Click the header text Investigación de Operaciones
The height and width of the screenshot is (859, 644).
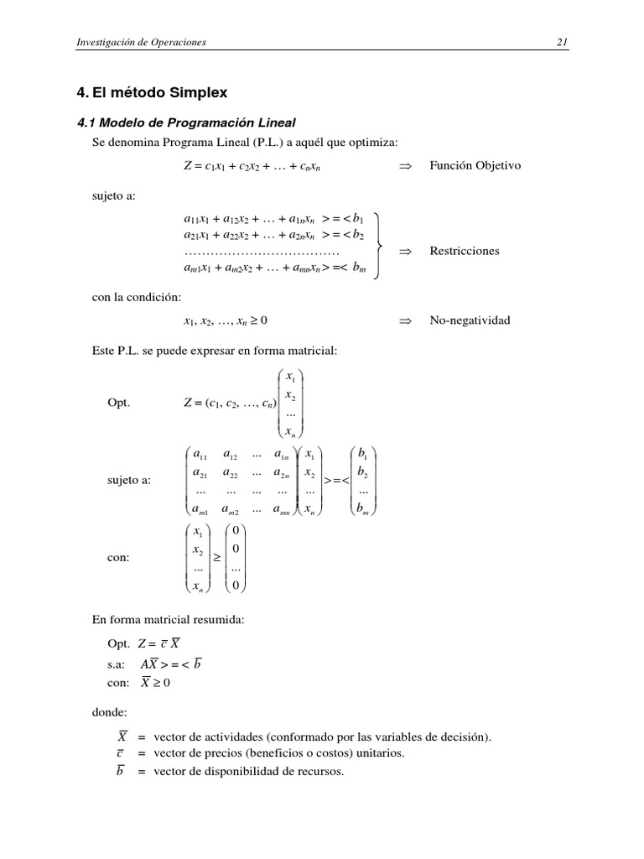[x=141, y=42]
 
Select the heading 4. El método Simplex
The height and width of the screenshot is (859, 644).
[x=152, y=91]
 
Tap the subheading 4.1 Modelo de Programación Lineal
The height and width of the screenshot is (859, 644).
[x=186, y=122]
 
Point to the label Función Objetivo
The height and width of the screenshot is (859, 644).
[x=475, y=165]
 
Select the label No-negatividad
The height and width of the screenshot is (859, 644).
[x=469, y=320]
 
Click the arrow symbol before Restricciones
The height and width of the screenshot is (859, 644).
[x=405, y=251]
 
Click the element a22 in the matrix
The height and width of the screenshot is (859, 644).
[x=231, y=473]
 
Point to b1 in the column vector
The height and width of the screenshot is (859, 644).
[x=363, y=455]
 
